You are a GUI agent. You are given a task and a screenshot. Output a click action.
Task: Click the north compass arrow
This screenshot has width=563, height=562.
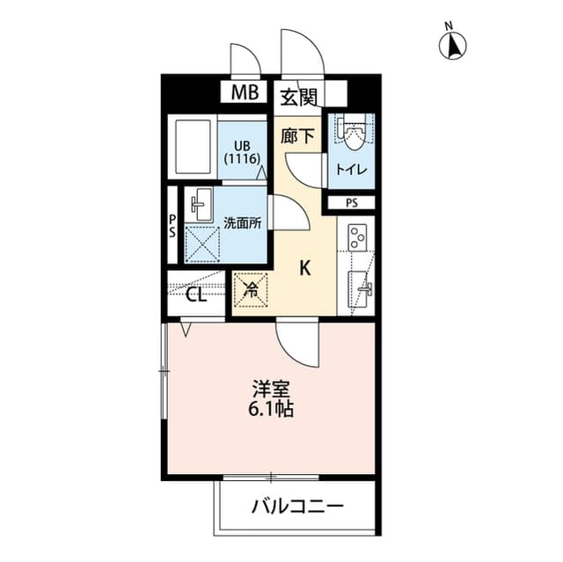coord(454,45)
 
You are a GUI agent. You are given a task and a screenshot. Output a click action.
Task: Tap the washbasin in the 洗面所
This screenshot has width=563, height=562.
coord(201,207)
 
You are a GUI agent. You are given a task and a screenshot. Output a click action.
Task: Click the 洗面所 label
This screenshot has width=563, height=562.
coord(242,223)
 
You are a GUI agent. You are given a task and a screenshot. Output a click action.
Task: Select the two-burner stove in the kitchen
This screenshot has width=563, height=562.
coord(357,237)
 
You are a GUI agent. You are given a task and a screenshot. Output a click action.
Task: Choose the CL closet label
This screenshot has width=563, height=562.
coord(196,295)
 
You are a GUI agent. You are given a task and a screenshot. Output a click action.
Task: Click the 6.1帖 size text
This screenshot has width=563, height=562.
coord(272,408)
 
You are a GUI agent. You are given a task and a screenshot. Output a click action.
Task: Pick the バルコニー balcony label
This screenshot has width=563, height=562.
coord(296,507)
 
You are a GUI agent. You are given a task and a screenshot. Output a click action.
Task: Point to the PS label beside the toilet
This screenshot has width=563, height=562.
coord(352,203)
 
